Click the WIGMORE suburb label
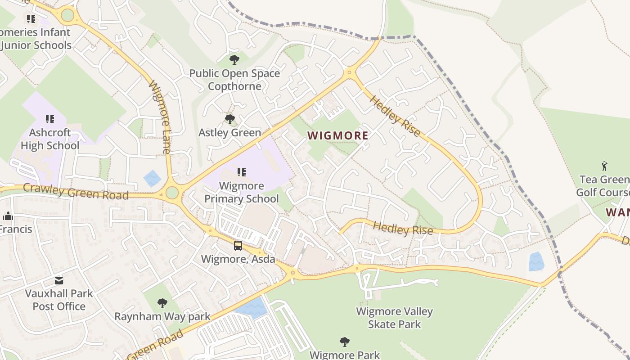point(338,135)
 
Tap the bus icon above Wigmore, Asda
point(238,246)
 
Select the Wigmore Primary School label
point(242,192)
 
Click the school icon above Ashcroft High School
point(50,119)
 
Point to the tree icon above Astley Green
point(230,119)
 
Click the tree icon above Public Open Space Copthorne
point(234,59)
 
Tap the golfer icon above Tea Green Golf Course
point(604,166)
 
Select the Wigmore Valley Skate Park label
point(394,318)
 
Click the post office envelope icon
point(59,281)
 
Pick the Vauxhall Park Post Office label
point(59,300)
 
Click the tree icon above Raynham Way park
point(162,303)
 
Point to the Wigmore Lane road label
point(160,117)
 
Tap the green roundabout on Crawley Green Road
point(172,193)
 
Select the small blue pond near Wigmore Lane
point(153,178)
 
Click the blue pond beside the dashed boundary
point(536,261)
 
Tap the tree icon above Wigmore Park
point(345,342)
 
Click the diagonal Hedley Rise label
point(395,116)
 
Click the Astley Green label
point(230,133)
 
